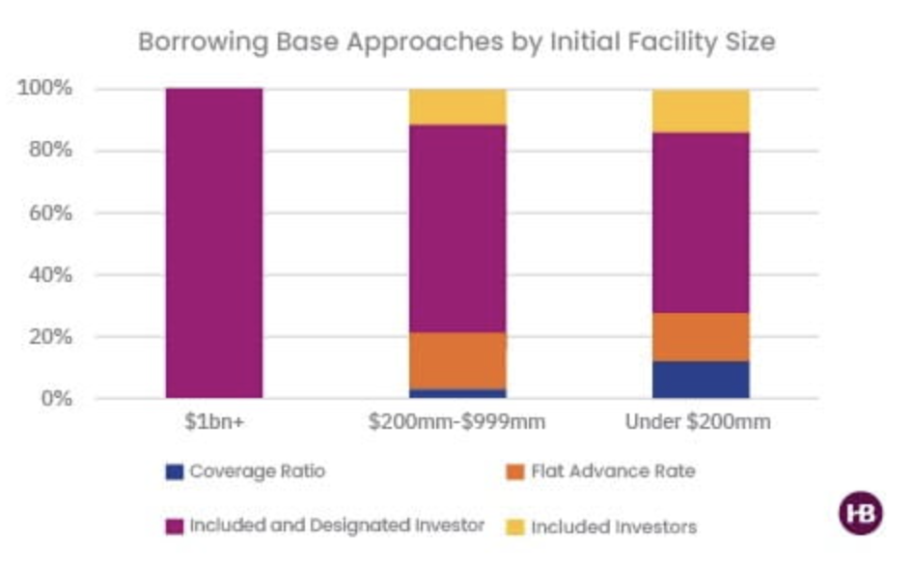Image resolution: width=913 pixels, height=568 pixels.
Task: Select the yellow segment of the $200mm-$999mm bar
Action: click(457, 106)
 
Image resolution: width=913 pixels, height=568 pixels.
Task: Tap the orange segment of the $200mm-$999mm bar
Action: click(457, 360)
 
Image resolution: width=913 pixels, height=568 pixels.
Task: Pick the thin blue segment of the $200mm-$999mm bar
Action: click(457, 394)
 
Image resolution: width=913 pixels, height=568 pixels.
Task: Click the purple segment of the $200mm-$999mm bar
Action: click(457, 228)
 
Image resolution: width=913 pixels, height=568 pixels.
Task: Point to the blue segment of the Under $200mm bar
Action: click(701, 380)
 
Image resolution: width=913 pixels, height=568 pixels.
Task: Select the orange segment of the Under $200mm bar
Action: click(701, 336)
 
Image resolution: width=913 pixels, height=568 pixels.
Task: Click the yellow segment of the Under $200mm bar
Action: click(701, 111)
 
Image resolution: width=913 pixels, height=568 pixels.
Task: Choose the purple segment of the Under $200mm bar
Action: click(701, 222)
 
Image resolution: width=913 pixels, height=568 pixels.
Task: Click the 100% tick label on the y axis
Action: click(45, 89)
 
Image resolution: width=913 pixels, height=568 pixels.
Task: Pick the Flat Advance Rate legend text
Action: click(612, 471)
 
